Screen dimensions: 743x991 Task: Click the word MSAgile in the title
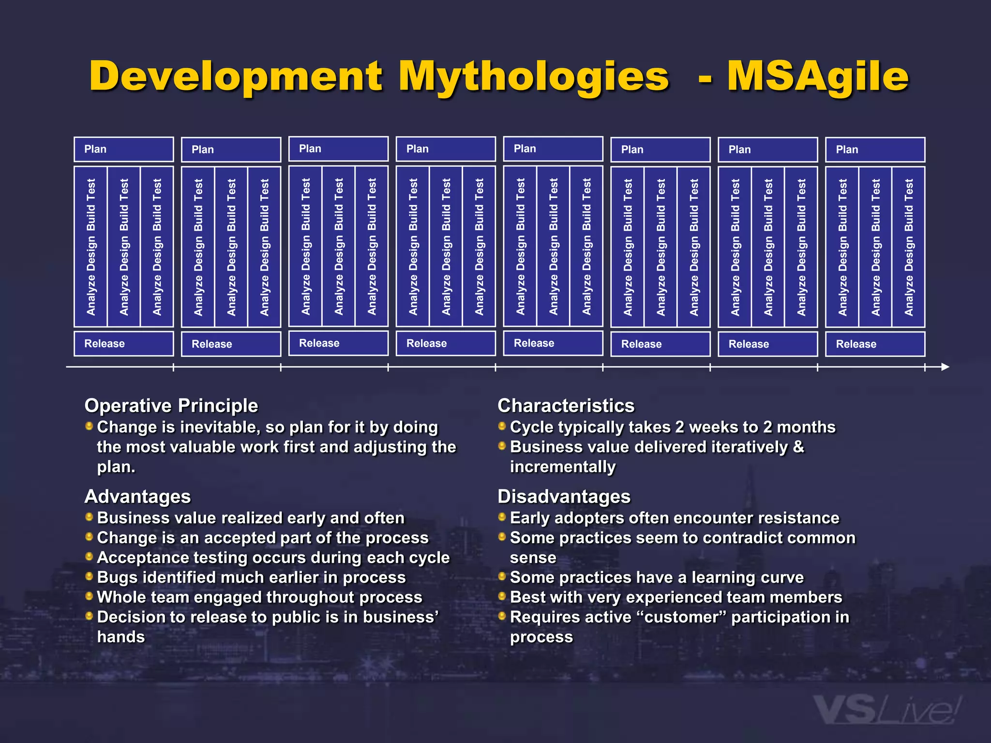818,76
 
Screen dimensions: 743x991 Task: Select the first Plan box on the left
124,149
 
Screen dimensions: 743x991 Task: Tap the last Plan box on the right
875,150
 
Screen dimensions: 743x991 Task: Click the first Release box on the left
124,344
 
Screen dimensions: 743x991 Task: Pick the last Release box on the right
875,344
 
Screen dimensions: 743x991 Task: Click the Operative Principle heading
171,406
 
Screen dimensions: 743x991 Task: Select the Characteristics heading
566,406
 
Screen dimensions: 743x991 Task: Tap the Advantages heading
138,497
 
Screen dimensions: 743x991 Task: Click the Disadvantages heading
564,497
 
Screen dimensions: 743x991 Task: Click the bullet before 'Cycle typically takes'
502,426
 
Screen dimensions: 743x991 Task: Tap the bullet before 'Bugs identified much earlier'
89,576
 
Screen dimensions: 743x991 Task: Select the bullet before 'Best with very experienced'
502,596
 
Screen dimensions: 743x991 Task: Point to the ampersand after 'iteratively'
798,447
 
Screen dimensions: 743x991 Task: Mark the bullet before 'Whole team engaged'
89,596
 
